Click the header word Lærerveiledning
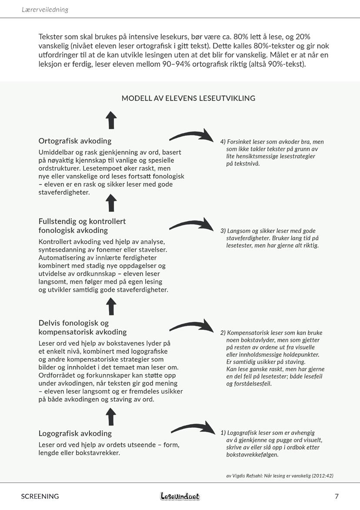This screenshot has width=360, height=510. pos(45,10)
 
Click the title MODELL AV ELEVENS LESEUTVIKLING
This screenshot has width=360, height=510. pos(188,98)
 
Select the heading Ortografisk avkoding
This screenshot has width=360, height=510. pos(75,141)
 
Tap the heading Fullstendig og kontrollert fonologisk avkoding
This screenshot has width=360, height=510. pos(82,225)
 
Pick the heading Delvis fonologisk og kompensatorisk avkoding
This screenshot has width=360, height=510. pos(82,327)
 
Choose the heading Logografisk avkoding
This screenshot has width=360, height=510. pos(75,433)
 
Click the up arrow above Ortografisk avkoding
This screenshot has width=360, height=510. pos(111,120)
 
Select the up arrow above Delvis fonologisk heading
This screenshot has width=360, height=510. pos(111,306)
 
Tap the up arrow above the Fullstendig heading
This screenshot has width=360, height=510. pos(111,203)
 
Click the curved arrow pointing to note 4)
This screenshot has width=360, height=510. pos(191,135)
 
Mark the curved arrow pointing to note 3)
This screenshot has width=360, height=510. pos(191,225)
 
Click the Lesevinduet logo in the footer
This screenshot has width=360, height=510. pos(180,496)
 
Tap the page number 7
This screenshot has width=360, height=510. pos(337,496)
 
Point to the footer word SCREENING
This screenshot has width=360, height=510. pos(40,496)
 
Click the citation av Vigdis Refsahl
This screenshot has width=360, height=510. pos(280,476)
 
